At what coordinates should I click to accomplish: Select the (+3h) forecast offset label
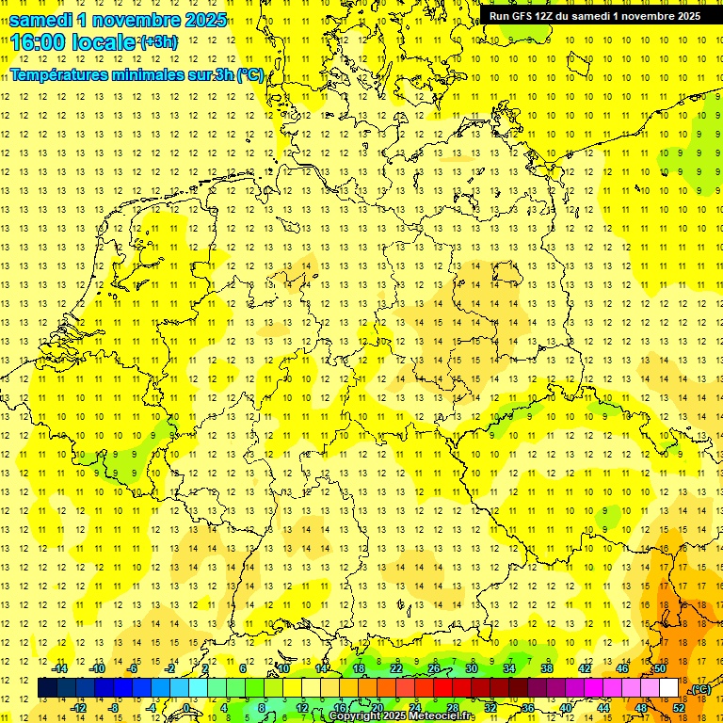click(x=157, y=42)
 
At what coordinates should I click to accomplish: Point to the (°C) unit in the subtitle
click(x=249, y=75)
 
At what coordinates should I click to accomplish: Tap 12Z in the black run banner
click(x=550, y=16)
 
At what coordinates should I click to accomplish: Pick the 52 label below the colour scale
click(x=678, y=708)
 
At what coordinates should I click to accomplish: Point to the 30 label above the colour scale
click(x=472, y=668)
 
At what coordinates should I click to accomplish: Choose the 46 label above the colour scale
click(x=622, y=668)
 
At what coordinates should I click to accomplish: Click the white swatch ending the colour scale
click(x=668, y=688)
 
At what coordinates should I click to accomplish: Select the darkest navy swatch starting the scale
click(x=48, y=688)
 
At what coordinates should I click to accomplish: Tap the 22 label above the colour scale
click(x=396, y=668)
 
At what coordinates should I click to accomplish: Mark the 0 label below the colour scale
click(x=185, y=708)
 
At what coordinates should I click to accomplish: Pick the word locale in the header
click(x=104, y=42)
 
